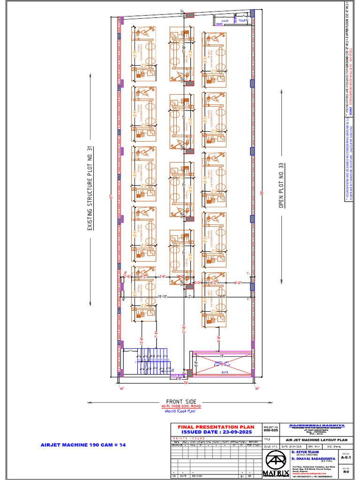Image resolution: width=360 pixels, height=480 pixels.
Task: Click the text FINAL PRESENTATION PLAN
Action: coord(216,427)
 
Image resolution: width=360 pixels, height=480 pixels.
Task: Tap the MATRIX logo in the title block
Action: coord(276,465)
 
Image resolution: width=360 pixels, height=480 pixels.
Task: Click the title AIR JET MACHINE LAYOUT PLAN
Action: coord(316,440)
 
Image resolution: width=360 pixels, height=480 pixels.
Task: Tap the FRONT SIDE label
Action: coord(180,402)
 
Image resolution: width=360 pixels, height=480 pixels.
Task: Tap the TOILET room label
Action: coord(242,21)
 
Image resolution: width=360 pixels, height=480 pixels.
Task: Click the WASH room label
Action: coord(225,21)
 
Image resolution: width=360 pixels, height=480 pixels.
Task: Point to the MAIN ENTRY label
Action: coord(177,375)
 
